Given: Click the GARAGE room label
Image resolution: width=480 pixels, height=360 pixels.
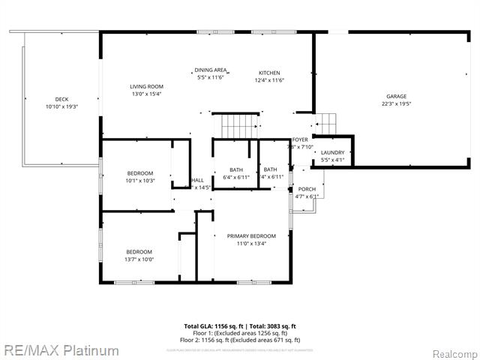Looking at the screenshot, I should click(396, 97).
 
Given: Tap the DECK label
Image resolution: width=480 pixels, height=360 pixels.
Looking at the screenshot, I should click(61, 99).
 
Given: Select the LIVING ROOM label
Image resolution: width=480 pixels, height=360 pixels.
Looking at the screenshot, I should click(146, 86).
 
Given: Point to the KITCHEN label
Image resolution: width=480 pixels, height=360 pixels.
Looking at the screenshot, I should click(269, 72).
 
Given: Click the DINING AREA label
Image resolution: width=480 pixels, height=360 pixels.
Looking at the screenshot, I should click(211, 70).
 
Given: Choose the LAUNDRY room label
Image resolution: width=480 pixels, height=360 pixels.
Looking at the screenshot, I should click(332, 152).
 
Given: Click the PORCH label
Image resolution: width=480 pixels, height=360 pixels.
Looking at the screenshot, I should click(307, 189).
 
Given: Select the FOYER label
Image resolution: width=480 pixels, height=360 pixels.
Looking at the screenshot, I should click(300, 139).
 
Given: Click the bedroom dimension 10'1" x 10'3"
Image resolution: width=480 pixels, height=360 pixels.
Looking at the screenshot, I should click(139, 181).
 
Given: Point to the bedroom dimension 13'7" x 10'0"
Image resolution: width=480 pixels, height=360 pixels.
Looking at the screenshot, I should click(139, 259).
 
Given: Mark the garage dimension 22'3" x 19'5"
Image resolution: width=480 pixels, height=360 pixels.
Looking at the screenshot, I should click(396, 105).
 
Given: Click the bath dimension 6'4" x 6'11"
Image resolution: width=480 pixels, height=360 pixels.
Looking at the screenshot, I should click(236, 177).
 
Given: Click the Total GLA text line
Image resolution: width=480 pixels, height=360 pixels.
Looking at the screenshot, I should click(240, 326).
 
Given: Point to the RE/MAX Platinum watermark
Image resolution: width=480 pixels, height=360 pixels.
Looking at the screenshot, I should click(60, 350).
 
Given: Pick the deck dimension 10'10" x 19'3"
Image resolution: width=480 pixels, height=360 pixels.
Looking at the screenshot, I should click(61, 106).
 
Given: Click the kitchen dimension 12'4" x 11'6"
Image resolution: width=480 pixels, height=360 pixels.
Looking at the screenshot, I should click(269, 80).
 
